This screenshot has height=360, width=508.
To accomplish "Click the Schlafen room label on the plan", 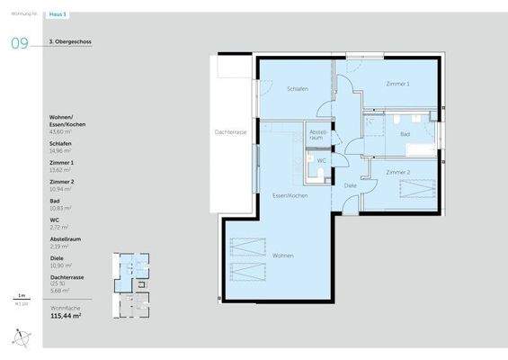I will [x=298, y=89].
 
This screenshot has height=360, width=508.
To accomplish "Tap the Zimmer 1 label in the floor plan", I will [x=397, y=84].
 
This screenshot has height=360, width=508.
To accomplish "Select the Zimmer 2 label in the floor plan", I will [x=397, y=171].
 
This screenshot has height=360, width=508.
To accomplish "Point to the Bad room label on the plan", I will [x=405, y=134].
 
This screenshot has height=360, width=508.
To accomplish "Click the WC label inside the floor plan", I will [x=321, y=160].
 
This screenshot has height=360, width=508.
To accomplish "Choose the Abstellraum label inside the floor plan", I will [x=316, y=135].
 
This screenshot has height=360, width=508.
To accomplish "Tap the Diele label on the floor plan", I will [x=350, y=185].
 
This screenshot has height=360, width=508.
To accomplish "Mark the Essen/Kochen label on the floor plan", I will [x=291, y=194].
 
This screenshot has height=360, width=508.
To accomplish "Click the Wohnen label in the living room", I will [x=283, y=255].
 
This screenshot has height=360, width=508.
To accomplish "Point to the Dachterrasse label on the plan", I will [x=230, y=132].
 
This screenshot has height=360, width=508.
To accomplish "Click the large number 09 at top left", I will [x=19, y=42].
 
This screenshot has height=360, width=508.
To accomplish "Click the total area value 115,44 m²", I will [x=66, y=317].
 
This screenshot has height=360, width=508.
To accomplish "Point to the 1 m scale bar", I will [x=20, y=298].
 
